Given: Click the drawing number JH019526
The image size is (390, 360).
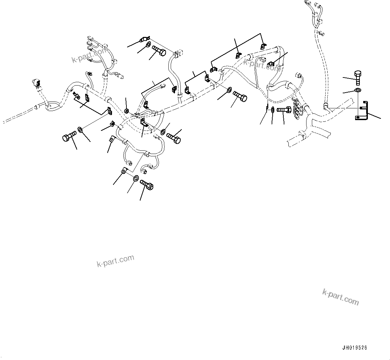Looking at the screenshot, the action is pyautogui.click(x=354, y=348).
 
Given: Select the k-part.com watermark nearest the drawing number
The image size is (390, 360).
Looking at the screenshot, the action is pyautogui.click(x=340, y=297).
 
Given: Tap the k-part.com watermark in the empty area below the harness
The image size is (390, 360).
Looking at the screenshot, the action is pyautogui.click(x=115, y=260).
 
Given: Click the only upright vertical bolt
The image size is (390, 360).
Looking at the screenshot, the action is pyautogui.click(x=358, y=78).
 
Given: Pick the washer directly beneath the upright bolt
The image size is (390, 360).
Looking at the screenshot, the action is pyautogui.click(x=358, y=90).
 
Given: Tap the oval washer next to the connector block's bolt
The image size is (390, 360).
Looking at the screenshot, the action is pyautogui.click(x=273, y=109).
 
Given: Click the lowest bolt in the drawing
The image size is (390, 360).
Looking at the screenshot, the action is pyautogui.click(x=147, y=185).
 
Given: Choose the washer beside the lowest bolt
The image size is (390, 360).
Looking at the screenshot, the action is pyautogui.click(x=136, y=178).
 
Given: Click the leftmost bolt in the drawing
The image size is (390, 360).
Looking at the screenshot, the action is pyautogui.click(x=69, y=136).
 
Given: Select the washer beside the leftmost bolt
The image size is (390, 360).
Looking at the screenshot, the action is pyautogui.click(x=80, y=130).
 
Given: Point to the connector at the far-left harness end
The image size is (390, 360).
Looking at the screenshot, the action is pyautogui.click(x=36, y=83).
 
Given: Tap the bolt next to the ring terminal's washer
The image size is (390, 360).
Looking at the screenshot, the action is pyautogui.click(x=158, y=51).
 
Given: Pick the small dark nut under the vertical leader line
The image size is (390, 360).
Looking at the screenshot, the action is pyautogui.click(x=127, y=110).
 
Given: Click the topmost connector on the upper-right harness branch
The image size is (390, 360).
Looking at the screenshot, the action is pyautogui.click(x=307, y=3).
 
